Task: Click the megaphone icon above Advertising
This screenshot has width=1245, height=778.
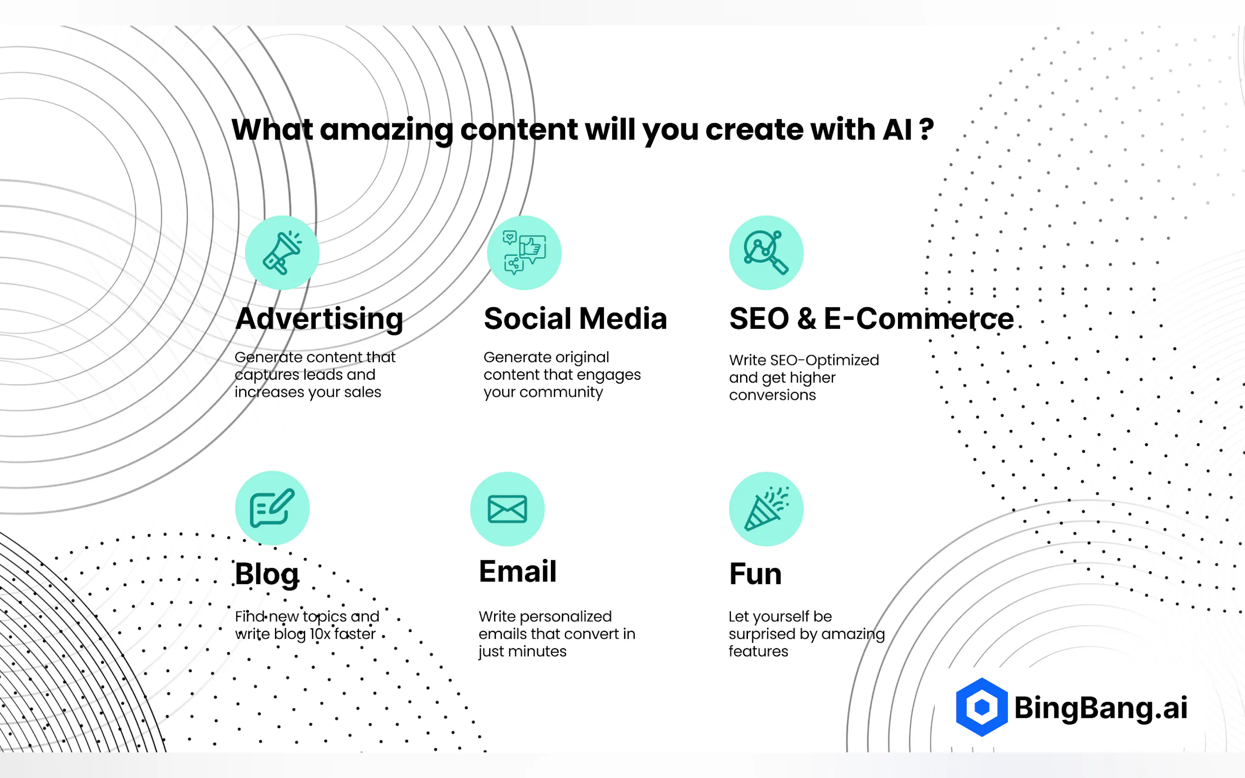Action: coord(282,253)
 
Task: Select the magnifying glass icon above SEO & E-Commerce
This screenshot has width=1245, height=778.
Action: coord(766,253)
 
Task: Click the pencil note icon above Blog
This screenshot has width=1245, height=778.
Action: coord(272,509)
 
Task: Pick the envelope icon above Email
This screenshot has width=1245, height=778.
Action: coord(507,509)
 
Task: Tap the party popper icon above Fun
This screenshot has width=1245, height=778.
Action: coord(766,509)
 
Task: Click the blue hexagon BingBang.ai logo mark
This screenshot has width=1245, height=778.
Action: coord(981,707)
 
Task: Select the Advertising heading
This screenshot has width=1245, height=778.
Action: coord(319,318)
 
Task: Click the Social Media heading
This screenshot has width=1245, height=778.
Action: coord(575,318)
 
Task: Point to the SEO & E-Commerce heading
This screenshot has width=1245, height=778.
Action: coord(871,318)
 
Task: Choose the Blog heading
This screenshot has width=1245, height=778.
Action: coord(267,574)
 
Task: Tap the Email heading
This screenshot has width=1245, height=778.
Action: coord(517,571)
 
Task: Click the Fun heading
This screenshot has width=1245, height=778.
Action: coord(755,574)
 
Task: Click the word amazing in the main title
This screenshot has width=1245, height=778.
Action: coord(386,130)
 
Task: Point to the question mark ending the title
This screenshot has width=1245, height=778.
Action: coord(926,130)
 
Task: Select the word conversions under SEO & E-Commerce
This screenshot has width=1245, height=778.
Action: coord(772,395)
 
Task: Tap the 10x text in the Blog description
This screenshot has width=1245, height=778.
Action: coord(320,634)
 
